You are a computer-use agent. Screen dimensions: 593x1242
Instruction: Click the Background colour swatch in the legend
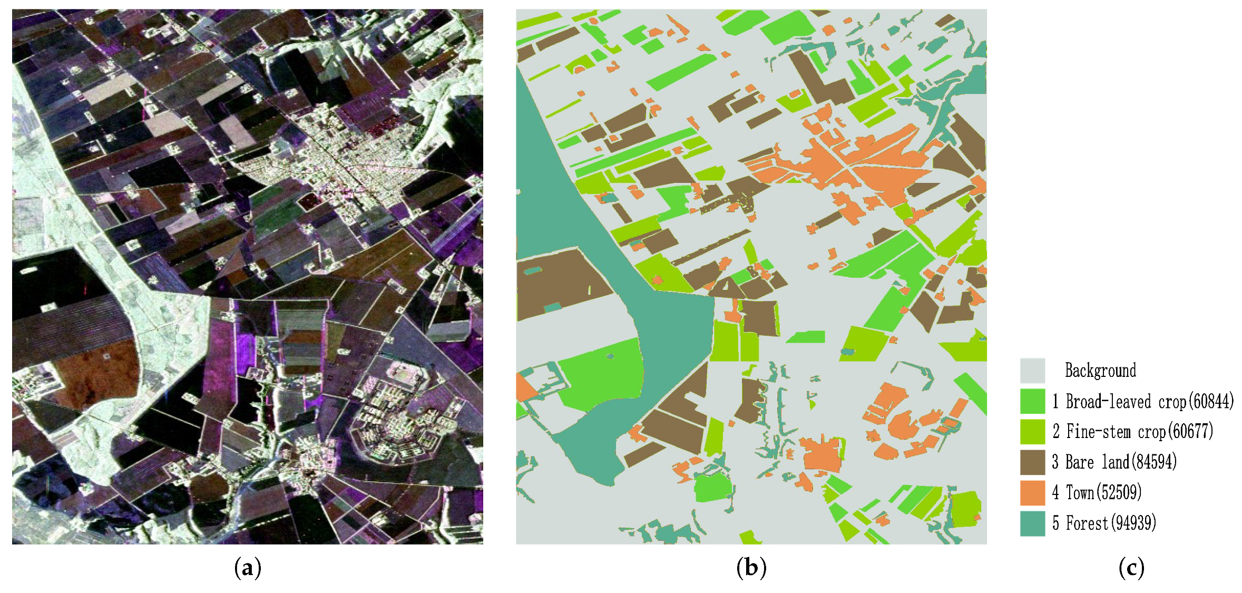[1032, 371]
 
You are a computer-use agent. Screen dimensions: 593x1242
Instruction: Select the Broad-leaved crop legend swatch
[1032, 401]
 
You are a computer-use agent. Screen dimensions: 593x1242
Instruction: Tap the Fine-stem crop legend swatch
[1032, 432]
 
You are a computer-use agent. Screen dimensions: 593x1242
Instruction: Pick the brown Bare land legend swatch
[1032, 462]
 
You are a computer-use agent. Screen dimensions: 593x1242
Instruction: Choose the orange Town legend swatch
[1032, 493]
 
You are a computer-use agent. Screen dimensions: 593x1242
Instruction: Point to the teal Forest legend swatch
[1032, 523]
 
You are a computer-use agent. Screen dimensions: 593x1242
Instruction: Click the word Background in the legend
[1100, 371]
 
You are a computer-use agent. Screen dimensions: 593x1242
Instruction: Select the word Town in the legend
[1080, 493]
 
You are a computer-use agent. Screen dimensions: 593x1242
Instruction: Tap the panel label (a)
[247, 568]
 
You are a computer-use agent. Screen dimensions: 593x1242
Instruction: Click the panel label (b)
[751, 568]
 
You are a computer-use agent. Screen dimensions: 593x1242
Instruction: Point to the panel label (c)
[1131, 568]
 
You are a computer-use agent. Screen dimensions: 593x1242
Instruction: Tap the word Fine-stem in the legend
[1099, 432]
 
